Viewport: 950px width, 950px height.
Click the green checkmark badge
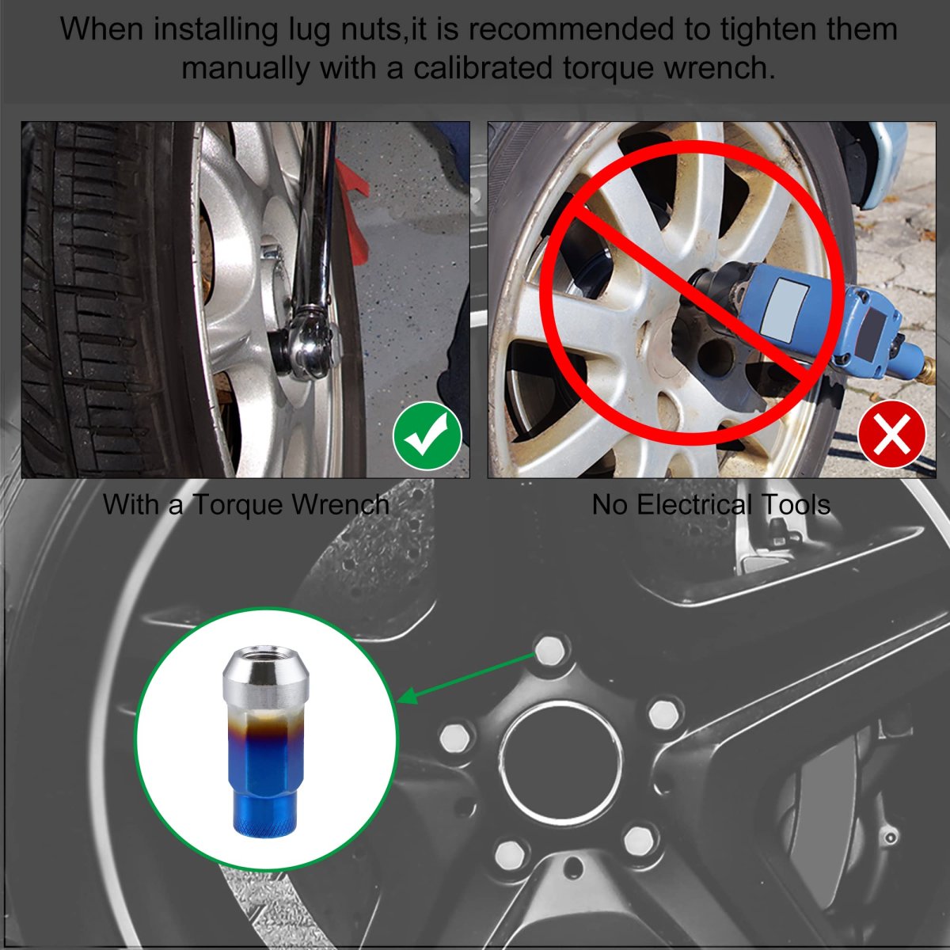(427, 435)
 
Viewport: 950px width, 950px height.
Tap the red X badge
(892, 434)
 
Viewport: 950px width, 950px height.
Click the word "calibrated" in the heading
(483, 68)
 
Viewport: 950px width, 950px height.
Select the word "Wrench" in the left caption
(340, 504)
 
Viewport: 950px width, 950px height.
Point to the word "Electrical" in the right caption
(694, 504)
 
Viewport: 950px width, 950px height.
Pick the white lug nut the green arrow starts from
(551, 650)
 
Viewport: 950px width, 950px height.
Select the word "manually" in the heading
(245, 69)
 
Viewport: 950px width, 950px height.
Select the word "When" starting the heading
(101, 29)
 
